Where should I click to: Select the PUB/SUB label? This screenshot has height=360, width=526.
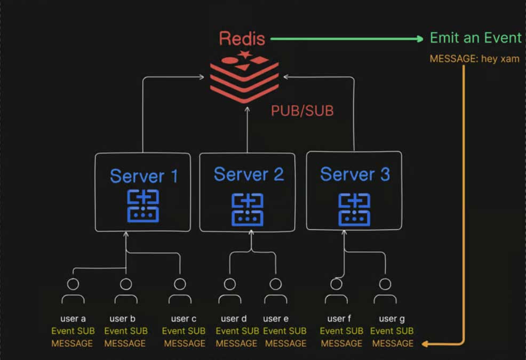302,110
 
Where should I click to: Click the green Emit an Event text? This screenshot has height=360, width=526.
475,38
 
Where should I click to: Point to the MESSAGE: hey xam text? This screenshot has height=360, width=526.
474,59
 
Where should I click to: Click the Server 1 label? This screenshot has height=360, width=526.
144,175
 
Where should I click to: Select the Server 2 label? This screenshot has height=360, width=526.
248,174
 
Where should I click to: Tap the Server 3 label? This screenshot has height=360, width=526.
355,174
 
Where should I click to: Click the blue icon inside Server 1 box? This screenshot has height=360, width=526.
143,206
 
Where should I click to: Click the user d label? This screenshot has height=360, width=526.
233,319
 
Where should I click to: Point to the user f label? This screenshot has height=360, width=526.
339,319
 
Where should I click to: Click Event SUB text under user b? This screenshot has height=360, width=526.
125,331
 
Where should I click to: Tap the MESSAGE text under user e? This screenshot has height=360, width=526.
286,343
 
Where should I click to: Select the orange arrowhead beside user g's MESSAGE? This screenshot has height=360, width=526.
425,344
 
